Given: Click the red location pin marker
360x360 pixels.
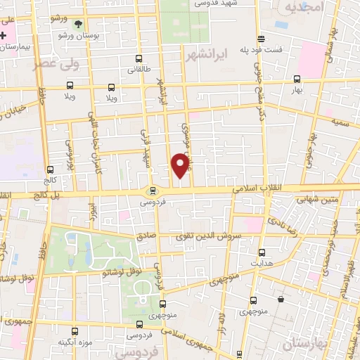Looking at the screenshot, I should click(180, 165).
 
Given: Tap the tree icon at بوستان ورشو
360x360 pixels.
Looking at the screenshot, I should click(78, 23).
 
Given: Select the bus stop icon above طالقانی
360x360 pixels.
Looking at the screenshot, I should click(139, 60).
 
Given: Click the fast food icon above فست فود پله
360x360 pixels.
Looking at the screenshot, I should click(261, 39).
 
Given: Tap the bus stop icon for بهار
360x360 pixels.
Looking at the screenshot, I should click(297, 79).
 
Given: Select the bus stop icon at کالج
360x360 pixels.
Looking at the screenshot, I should click(50, 169).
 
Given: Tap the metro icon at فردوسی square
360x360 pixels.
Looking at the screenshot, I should click(153, 191).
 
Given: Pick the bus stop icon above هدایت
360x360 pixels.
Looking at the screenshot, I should click(262, 252).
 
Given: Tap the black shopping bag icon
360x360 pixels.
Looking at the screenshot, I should click(281, 299).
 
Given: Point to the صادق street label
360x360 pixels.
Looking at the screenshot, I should click(146, 236).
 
